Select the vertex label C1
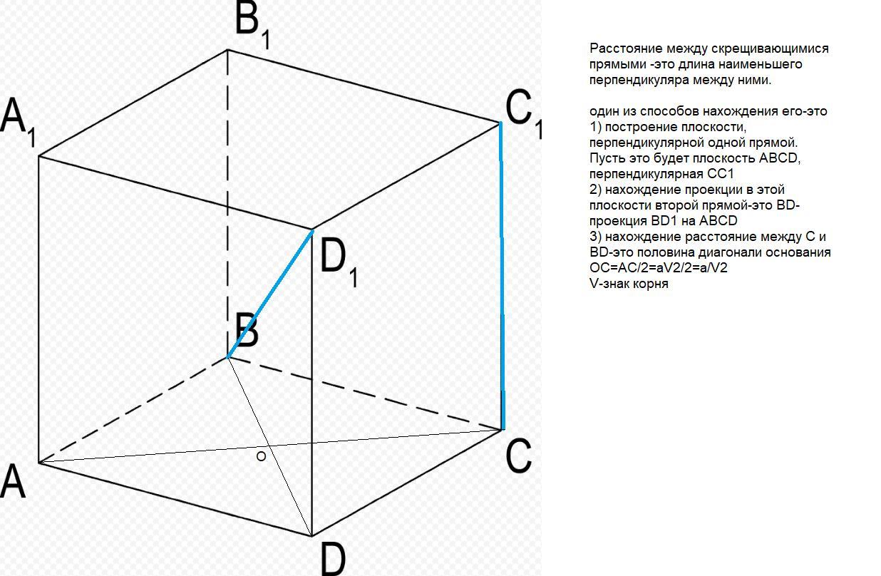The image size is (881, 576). (524, 114)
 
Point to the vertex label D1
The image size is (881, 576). (339, 262)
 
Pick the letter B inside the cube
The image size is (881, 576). (246, 331)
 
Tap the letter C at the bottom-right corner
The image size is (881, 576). (518, 457)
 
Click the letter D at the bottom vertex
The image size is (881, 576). (331, 558)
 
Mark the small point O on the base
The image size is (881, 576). (261, 456)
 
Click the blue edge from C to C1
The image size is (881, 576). (502, 278)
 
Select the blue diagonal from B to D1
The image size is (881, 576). (271, 293)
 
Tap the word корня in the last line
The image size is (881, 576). (651, 284)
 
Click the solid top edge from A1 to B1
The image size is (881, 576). (133, 103)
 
